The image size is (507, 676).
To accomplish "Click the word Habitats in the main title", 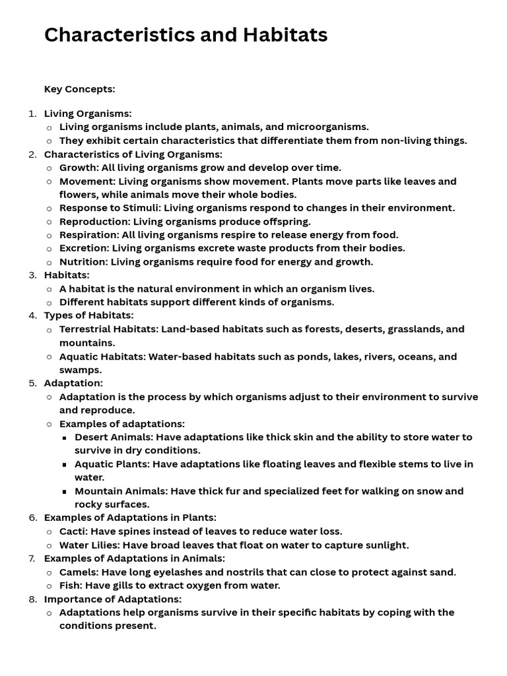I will tap(285, 35).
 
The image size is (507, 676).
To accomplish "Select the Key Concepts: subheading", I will tap(79, 89).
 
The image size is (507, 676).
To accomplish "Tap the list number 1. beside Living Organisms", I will tap(32, 114).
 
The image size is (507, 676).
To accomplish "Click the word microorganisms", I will tap(328, 127).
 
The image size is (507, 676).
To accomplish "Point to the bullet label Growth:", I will tap(79, 168).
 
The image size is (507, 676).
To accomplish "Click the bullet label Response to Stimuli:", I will tap(110, 208).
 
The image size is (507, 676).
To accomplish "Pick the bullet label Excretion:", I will tap(84, 248).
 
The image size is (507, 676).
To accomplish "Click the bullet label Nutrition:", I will tap(83, 262).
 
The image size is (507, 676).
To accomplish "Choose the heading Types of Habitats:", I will tap(88, 316).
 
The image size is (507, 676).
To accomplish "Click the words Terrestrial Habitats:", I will tap(109, 329).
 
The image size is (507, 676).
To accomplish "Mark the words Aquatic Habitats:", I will tap(102, 356).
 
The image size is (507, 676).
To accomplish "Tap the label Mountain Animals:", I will tap(121, 491).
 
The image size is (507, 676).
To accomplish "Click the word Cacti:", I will tap(73, 531).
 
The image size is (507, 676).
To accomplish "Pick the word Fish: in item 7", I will tap(71, 586).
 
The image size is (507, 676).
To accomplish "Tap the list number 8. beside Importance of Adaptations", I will tap(32, 599).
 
